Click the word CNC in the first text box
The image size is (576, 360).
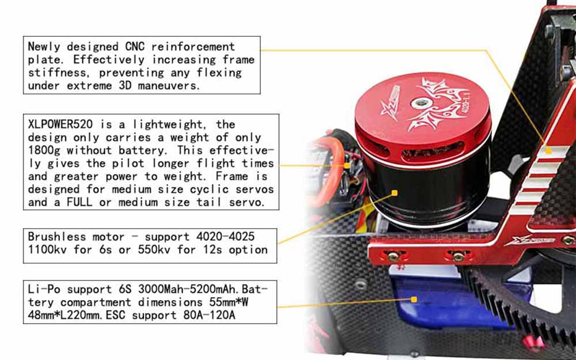(x=134, y=47)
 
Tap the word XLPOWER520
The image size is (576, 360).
(x=60, y=124)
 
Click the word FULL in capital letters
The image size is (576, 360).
(x=79, y=202)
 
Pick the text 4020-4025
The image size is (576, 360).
(x=225, y=237)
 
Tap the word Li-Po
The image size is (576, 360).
(x=44, y=289)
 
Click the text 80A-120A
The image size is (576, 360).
(x=209, y=315)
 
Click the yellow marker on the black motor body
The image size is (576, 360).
(x=395, y=193)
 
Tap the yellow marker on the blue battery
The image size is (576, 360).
(x=414, y=300)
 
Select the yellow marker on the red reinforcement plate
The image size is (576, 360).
(x=548, y=150)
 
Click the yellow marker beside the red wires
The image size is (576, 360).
(x=347, y=166)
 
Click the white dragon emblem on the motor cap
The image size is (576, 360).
(x=435, y=104)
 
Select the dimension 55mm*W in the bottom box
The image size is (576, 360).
(x=225, y=302)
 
